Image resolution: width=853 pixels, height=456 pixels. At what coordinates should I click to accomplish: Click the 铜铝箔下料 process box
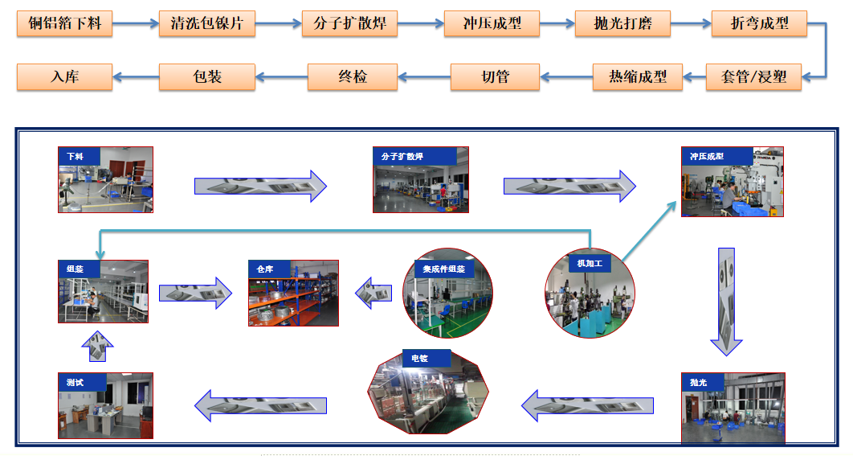click(x=65, y=23)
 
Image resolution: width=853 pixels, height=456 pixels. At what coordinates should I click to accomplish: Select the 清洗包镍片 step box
click(x=207, y=23)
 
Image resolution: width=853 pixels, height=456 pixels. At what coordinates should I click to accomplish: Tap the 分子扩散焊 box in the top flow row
click(x=349, y=23)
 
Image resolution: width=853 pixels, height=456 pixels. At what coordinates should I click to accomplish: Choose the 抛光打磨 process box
click(x=623, y=23)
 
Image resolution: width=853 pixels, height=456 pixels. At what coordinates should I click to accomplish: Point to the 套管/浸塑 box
click(x=753, y=77)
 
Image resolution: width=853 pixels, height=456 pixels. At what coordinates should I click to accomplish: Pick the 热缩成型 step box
click(x=638, y=77)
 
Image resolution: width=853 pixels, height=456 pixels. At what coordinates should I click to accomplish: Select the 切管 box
click(x=496, y=77)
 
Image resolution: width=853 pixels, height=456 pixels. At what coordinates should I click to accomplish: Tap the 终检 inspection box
click(x=353, y=77)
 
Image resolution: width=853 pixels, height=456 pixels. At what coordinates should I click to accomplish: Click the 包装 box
click(x=207, y=77)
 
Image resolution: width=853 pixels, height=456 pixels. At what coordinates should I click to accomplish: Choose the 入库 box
click(x=65, y=77)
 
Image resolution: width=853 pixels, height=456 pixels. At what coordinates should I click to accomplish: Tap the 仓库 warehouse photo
click(x=293, y=293)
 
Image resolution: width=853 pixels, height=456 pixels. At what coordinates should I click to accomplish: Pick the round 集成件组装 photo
click(x=447, y=292)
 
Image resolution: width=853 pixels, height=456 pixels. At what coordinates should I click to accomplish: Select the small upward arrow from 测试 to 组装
click(x=97, y=347)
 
